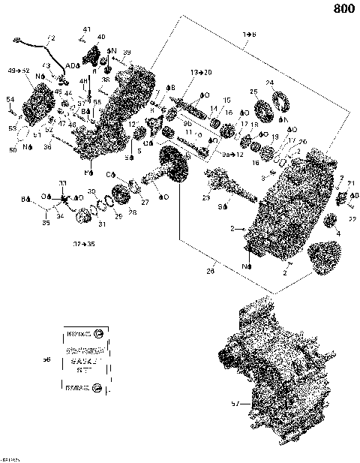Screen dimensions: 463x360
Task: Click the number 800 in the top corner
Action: click(343, 10)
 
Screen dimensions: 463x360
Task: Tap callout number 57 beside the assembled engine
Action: click(235, 403)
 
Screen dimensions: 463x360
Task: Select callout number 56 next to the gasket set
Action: click(46, 360)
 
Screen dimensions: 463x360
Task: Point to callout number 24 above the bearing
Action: click(269, 83)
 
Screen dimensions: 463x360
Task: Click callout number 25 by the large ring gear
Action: click(253, 92)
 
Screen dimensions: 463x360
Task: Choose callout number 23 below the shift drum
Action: click(205, 197)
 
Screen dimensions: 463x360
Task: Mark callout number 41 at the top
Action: click(86, 29)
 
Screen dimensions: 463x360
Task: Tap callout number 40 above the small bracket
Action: click(101, 36)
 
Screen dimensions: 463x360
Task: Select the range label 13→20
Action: click(201, 71)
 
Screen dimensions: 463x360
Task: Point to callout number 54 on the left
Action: click(10, 99)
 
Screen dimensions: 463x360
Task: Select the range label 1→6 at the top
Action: click(249, 35)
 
